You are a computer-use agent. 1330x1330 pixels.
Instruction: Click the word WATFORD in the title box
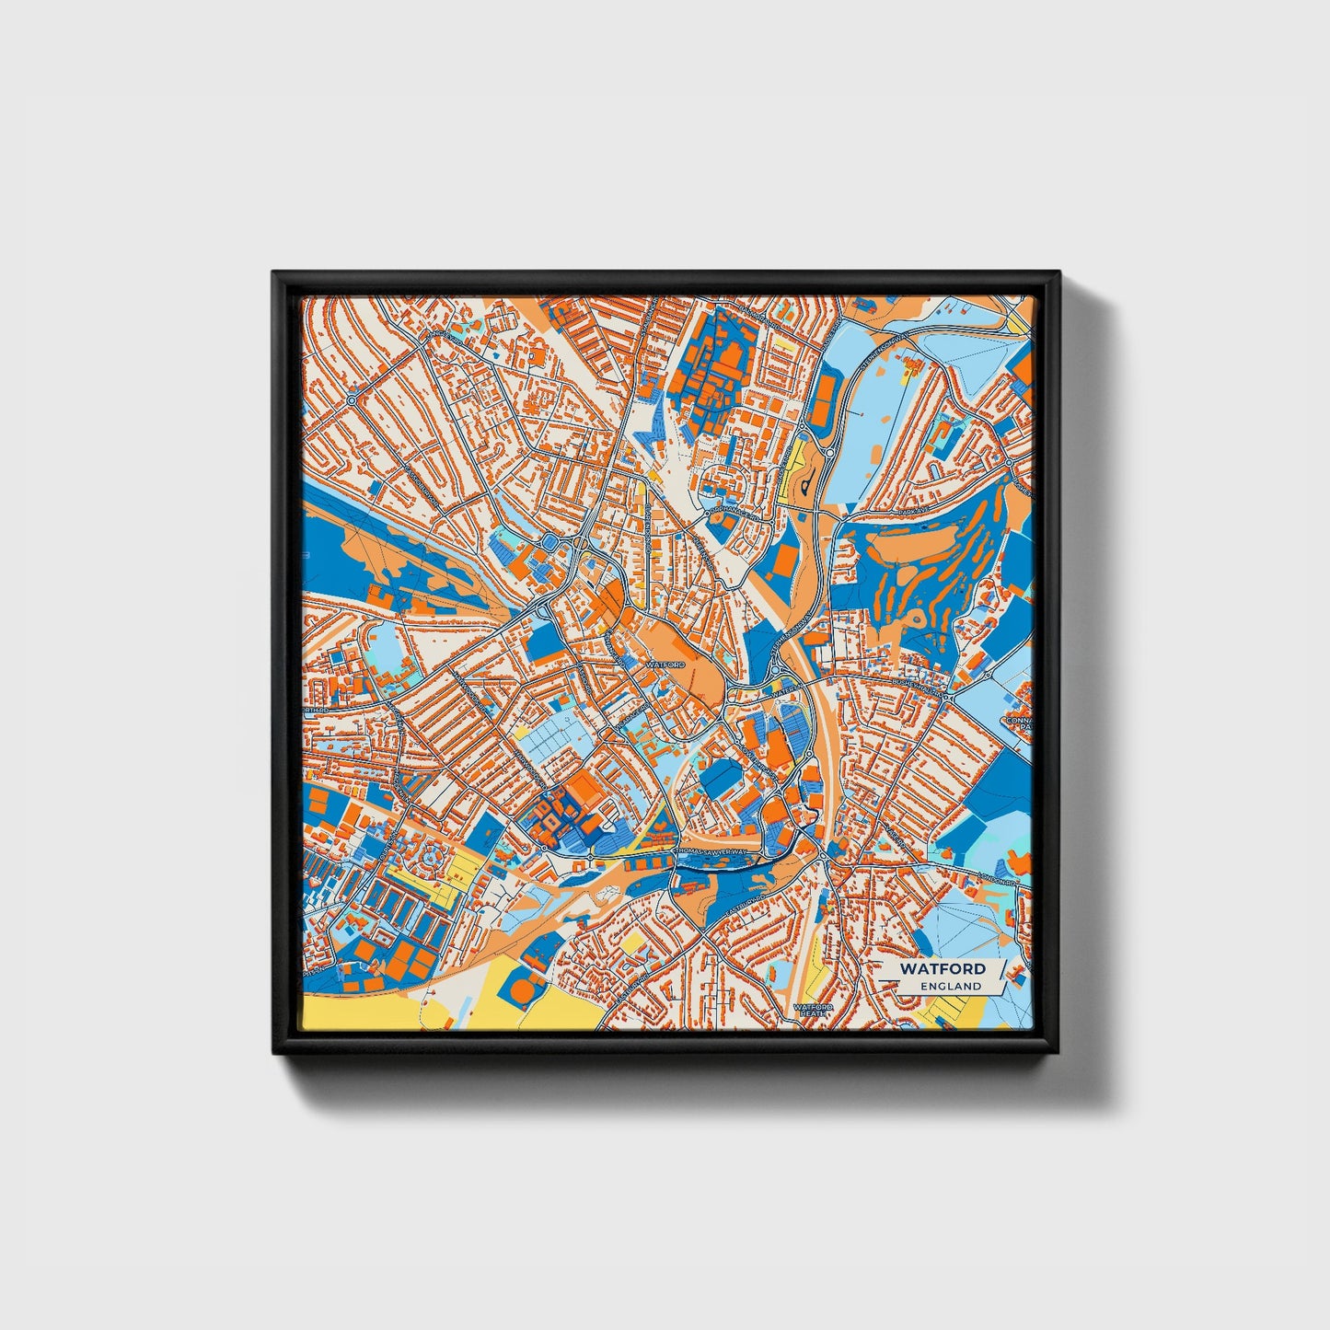coord(943,968)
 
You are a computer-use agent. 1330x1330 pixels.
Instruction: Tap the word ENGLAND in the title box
coord(950,986)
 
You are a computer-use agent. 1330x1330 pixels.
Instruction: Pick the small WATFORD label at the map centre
coord(665,664)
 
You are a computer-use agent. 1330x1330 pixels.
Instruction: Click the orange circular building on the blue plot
coord(524,992)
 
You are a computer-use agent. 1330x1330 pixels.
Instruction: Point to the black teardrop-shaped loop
coord(807,480)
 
